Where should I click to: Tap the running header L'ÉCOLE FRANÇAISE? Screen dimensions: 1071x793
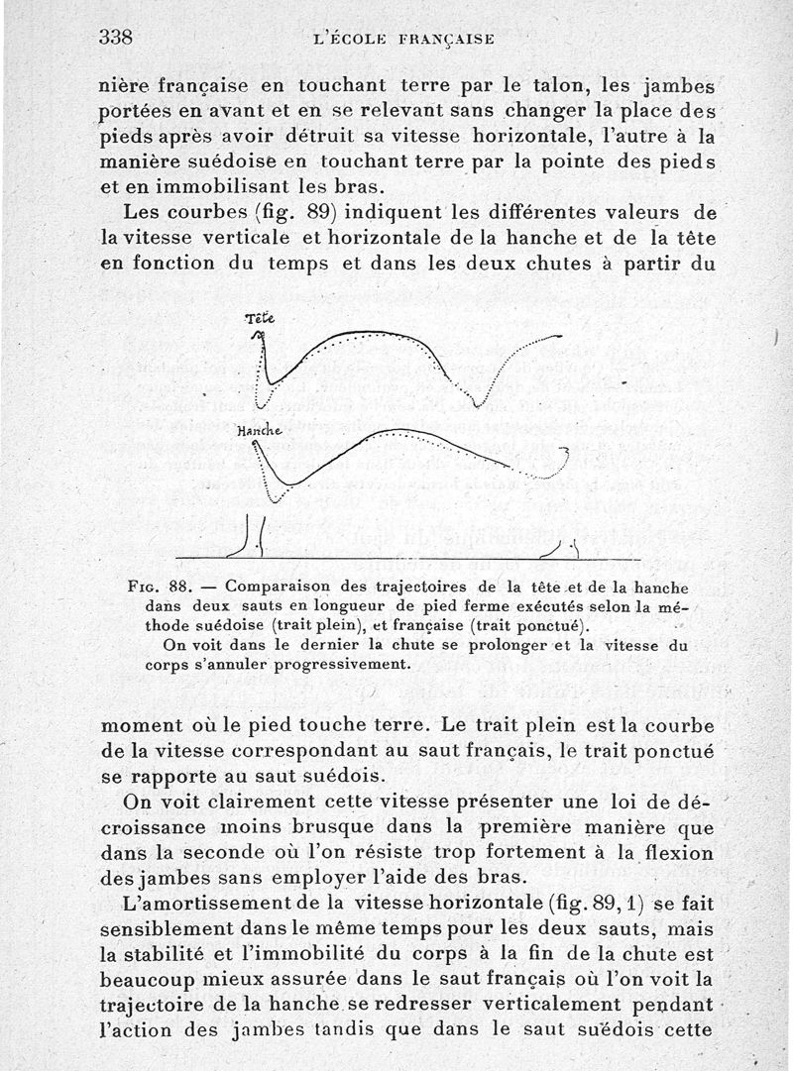(402, 40)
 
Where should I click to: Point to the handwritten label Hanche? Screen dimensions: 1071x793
(259, 431)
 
